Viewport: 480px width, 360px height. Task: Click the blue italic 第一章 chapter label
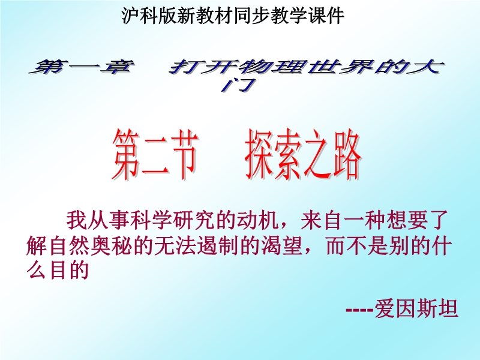(82, 67)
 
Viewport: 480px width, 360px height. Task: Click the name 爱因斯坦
(416, 308)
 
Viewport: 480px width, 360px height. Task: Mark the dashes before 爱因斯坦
(359, 310)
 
